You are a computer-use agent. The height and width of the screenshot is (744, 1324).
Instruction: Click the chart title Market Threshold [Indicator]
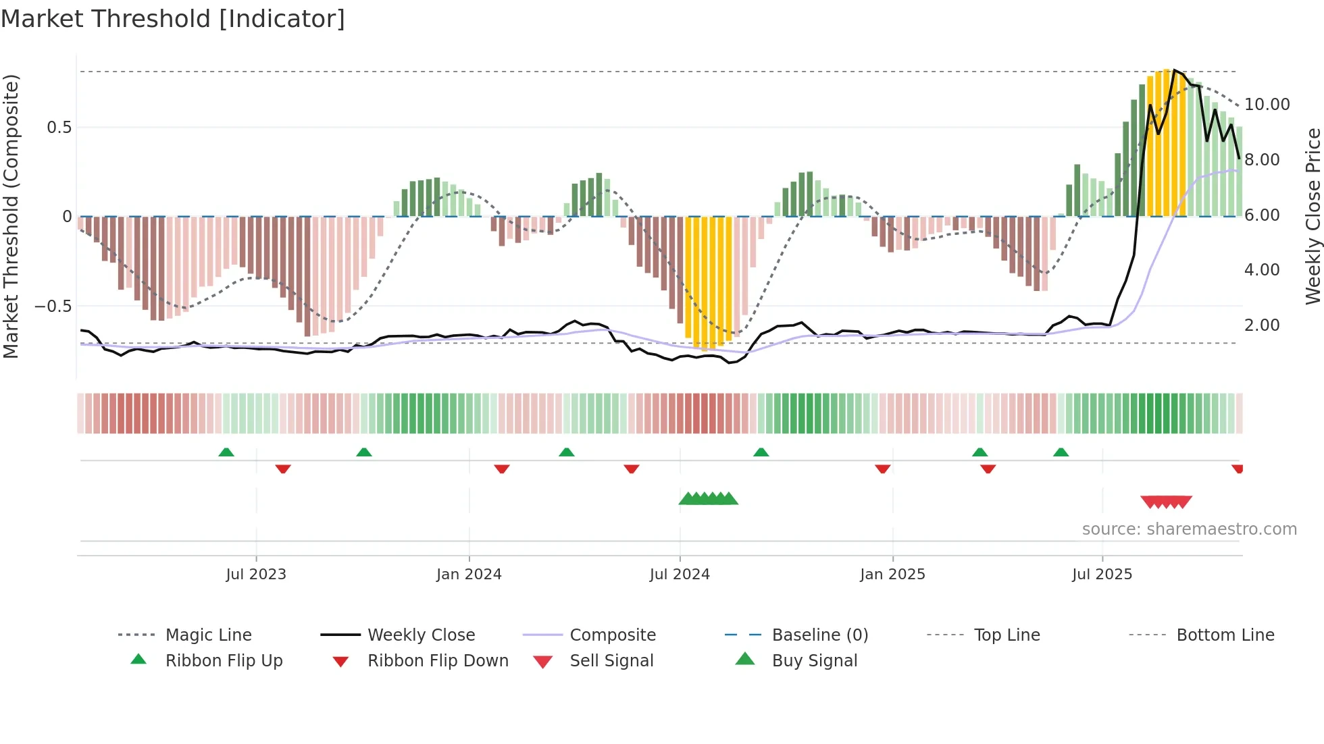tap(173, 19)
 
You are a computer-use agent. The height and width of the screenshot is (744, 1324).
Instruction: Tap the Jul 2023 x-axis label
tap(256, 575)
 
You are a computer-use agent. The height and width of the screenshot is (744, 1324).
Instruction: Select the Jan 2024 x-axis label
tap(469, 575)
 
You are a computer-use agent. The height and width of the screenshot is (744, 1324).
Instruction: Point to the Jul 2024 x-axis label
tap(680, 575)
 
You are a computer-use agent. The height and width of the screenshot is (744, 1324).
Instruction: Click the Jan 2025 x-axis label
tap(892, 575)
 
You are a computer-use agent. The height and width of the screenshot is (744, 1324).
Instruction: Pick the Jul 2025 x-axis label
tap(1102, 575)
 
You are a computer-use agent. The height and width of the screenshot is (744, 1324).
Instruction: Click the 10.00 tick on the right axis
tap(1267, 105)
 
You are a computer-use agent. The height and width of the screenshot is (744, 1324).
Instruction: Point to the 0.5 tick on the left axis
tap(59, 128)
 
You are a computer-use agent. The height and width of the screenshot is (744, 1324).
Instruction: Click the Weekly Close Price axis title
tap(1313, 216)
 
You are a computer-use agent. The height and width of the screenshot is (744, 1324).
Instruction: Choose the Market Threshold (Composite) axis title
tap(11, 216)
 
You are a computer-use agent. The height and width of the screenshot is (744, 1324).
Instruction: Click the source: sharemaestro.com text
tap(1189, 529)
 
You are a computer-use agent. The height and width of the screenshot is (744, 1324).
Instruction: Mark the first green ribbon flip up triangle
tap(226, 452)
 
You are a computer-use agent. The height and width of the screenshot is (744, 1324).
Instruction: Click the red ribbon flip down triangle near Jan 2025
tap(882, 469)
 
